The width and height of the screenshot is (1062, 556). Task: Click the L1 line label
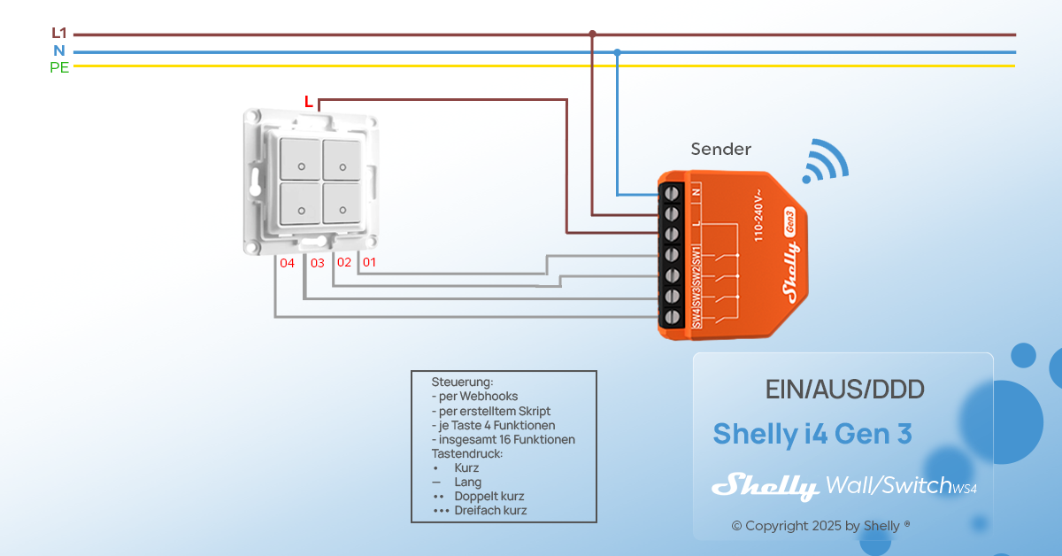point(59,34)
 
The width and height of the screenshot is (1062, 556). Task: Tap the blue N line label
point(59,50)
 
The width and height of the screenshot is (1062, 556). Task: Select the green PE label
point(59,67)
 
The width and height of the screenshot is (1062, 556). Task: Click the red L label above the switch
point(308,102)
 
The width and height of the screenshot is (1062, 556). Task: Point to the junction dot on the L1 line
point(592,34)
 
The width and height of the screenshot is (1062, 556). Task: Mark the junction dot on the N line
point(617,52)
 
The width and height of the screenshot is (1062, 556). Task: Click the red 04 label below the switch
point(287,263)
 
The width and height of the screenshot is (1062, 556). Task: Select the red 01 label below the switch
point(369,263)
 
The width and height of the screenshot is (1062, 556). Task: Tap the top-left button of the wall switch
point(299,159)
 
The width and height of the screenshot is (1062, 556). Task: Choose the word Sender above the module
point(720,150)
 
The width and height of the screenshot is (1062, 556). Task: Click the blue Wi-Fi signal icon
point(824,162)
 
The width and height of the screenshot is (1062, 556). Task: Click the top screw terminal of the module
point(672,192)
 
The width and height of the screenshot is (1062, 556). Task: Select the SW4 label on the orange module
point(697,315)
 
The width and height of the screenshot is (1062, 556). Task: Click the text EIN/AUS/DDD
point(844,390)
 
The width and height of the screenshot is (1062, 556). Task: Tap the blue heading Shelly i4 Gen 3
point(812,435)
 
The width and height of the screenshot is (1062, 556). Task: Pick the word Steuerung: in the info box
point(462,382)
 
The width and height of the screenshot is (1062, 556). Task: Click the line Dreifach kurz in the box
point(490,511)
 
